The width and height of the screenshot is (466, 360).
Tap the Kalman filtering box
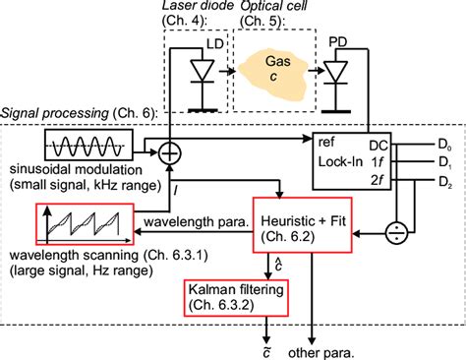242,298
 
